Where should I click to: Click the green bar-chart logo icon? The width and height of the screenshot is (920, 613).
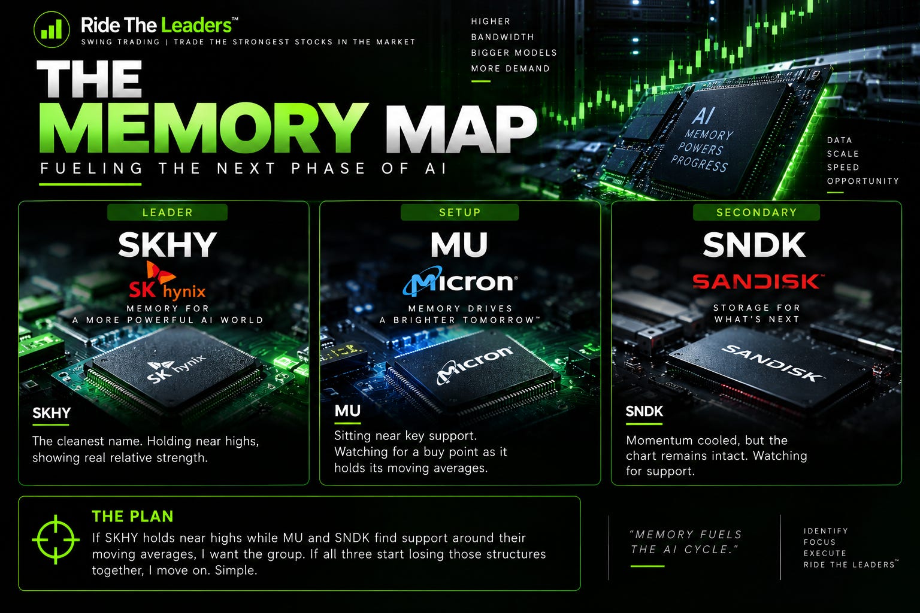pos(52,29)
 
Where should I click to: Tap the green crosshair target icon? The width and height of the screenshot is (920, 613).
pos(56,540)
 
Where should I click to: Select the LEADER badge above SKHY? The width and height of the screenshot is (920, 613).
pos(167,213)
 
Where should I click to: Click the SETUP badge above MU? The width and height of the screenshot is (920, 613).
pos(459,213)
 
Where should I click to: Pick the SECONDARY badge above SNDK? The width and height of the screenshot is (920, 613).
pos(756,213)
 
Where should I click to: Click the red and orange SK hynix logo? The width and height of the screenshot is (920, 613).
pos(167,280)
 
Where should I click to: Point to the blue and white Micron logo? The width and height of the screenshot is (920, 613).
pos(460,281)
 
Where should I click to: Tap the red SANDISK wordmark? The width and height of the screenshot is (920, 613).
pos(757,282)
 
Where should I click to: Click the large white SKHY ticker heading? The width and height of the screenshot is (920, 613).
pos(167,244)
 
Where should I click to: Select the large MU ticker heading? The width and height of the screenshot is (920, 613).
pos(459,244)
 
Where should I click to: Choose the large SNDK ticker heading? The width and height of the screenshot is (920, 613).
pos(754,244)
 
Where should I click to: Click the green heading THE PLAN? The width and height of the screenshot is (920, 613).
pos(132,517)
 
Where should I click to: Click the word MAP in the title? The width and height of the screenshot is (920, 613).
pos(461,129)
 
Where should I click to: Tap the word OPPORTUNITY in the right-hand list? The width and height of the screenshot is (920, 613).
pos(863,181)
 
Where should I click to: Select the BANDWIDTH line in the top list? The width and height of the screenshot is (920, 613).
pos(503,37)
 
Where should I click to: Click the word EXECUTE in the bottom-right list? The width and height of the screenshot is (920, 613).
pos(825,553)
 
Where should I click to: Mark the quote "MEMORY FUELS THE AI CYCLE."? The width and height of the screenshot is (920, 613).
pos(686,542)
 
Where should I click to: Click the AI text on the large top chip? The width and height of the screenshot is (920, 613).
pos(703,116)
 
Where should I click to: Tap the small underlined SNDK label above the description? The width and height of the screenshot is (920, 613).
pos(644,411)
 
